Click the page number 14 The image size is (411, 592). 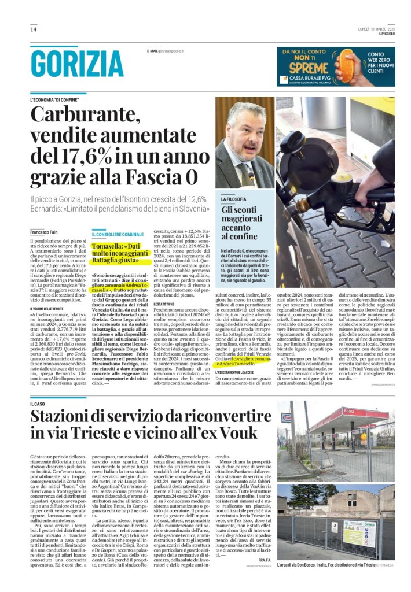(34, 29)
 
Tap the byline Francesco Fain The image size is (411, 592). (45, 232)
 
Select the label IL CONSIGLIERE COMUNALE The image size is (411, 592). (118, 235)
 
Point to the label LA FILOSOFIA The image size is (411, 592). (233, 199)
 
